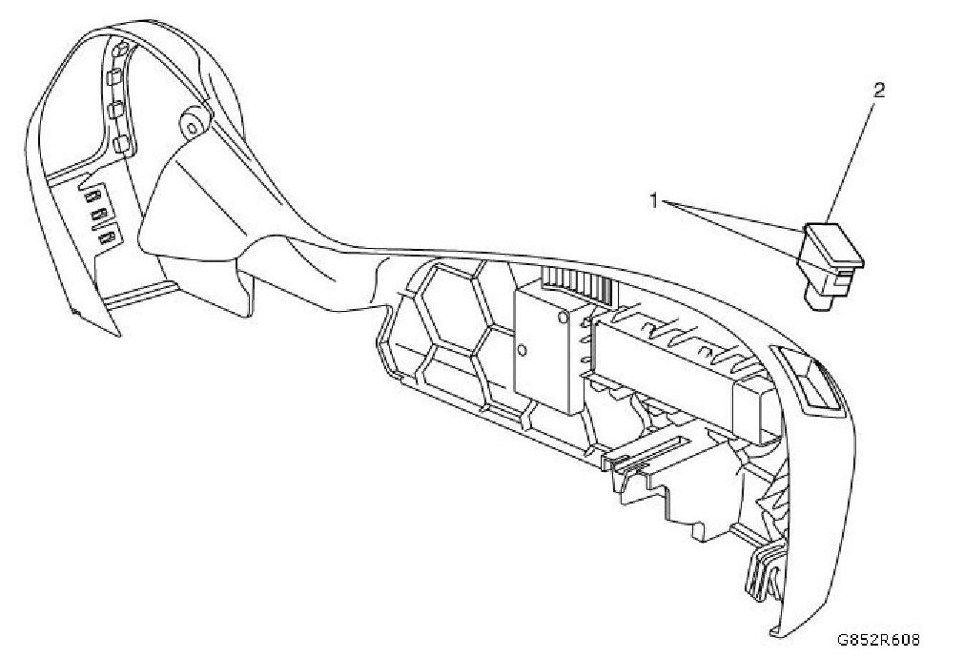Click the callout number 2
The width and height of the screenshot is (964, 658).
878,91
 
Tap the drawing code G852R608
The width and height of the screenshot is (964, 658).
880,642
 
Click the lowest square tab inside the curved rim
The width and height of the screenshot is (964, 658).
120,145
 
